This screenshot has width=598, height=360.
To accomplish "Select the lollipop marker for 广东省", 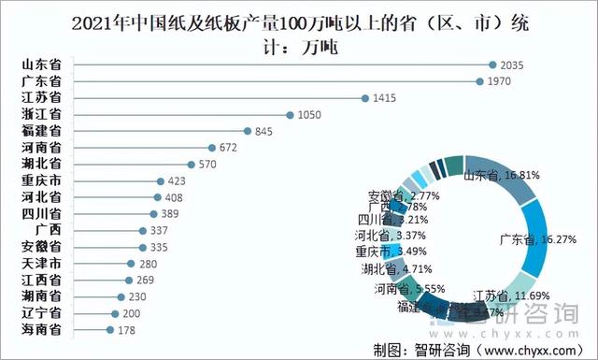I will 479,81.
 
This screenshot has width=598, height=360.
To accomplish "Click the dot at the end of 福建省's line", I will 247,131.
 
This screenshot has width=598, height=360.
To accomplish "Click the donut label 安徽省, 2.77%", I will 398,197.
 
